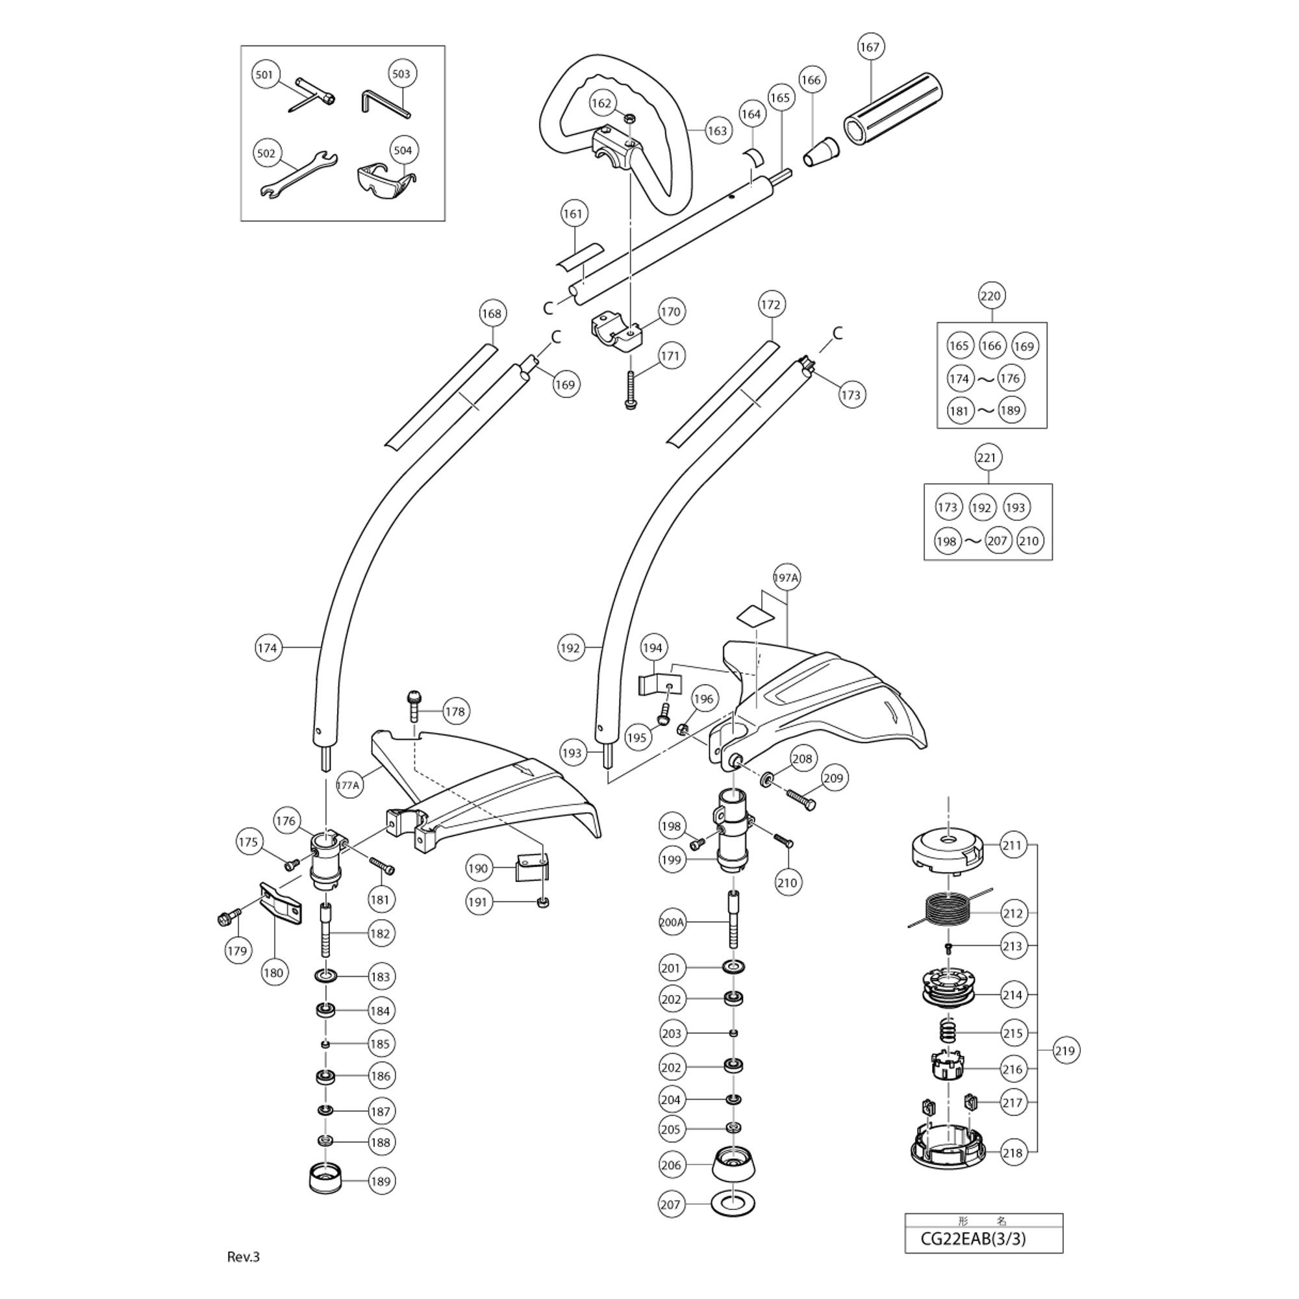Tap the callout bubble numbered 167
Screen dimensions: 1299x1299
point(870,47)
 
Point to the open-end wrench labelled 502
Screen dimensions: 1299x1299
point(299,176)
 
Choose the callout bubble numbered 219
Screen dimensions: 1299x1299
point(1065,1050)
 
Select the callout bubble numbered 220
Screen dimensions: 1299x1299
point(990,296)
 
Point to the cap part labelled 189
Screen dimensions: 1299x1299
point(325,1180)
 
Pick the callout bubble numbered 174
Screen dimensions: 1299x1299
point(267,648)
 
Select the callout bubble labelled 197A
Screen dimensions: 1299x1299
point(786,577)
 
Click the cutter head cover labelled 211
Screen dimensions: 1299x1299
point(949,849)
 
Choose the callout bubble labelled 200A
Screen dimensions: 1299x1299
point(672,922)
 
